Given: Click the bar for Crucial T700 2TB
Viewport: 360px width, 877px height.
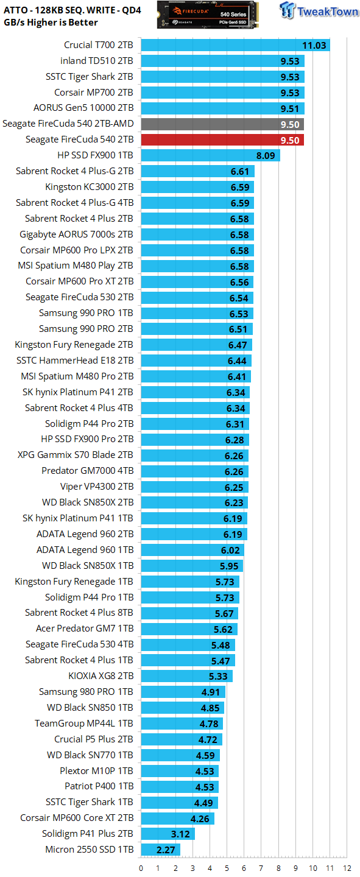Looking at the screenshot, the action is pyautogui.click(x=235, y=46).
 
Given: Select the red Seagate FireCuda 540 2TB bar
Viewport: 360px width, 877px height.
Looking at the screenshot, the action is pyautogui.click(x=222, y=140).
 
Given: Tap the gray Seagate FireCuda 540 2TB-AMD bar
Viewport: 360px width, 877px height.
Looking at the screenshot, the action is pyautogui.click(x=222, y=124).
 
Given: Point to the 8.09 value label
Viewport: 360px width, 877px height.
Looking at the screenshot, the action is pyautogui.click(x=266, y=156).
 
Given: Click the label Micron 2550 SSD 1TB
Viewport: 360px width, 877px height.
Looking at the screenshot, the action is pyautogui.click(x=90, y=850).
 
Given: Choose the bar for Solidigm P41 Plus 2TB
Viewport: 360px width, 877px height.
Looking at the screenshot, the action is pyautogui.click(x=168, y=834).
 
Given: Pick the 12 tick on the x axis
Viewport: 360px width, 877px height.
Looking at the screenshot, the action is pyautogui.click(x=347, y=868).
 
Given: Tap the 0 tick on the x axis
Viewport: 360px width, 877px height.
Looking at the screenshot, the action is pyautogui.click(x=141, y=868).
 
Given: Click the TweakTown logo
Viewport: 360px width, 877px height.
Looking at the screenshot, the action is pyautogui.click(x=319, y=10).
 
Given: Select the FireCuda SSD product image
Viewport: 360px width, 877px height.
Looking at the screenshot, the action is pyautogui.click(x=208, y=15).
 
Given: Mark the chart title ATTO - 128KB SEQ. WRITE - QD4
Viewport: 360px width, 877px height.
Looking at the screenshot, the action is pyautogui.click(x=72, y=10).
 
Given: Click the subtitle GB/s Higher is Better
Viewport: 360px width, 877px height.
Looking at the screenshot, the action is pyautogui.click(x=51, y=23).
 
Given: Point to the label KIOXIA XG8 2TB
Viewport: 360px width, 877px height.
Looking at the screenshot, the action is pyautogui.click(x=101, y=676).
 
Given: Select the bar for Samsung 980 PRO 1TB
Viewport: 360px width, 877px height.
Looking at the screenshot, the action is pyautogui.click(x=183, y=692).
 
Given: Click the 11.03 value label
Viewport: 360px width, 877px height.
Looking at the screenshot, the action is pyautogui.click(x=314, y=46).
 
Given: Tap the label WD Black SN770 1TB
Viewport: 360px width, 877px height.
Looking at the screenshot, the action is pyautogui.click(x=90, y=755).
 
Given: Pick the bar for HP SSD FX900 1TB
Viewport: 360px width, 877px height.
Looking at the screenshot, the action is pyautogui.click(x=210, y=156).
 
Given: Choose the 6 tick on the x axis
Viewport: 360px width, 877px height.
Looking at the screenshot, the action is pyautogui.click(x=244, y=868).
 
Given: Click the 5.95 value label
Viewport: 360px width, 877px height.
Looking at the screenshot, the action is pyautogui.click(x=229, y=566).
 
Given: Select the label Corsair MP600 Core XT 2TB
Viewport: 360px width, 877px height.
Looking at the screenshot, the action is pyautogui.click(x=77, y=818).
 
